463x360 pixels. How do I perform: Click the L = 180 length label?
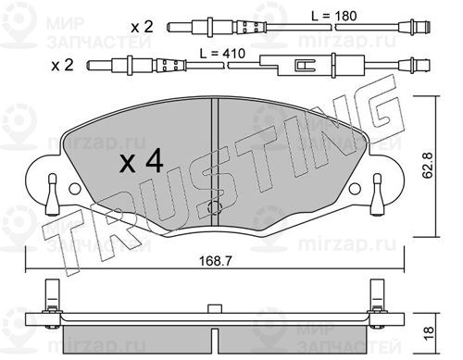pos(333,16)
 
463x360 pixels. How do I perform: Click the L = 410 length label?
pos(222,54)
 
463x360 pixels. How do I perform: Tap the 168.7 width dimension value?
pos(215,261)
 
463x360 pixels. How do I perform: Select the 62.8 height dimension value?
pos(428,166)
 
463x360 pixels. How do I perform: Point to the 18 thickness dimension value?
pos(429,333)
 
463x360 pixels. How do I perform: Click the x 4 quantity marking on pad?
pos(142,163)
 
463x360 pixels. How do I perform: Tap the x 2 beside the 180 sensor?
pos(142,27)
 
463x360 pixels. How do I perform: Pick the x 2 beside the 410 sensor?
pos(62,66)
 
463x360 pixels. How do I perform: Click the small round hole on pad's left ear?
pos(75,189)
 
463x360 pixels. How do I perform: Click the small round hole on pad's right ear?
pos(355,189)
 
